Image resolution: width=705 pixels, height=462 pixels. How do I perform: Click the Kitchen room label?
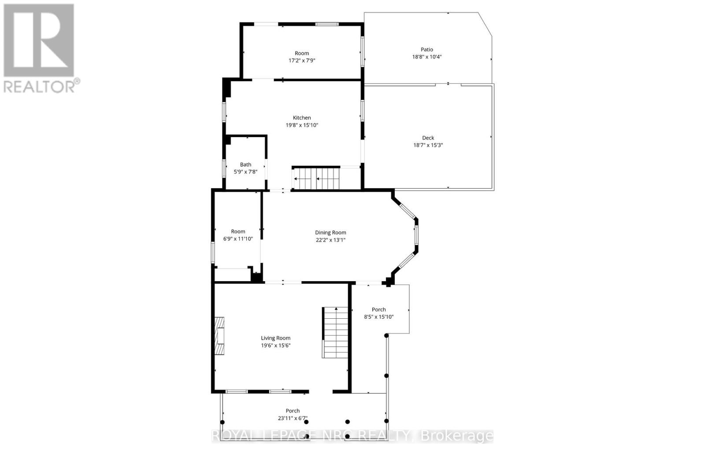[302, 118]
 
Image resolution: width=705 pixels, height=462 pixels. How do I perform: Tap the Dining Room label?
[330, 232]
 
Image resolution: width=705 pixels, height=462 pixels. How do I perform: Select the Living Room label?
[275, 338]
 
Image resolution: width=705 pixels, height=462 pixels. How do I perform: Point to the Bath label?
[245, 164]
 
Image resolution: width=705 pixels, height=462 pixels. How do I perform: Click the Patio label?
[427, 49]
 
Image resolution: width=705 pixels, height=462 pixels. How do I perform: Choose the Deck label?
[428, 138]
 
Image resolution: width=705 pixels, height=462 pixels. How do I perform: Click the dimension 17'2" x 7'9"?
[302, 61]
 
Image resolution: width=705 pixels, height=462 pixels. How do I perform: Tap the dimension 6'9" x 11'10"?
[238, 239]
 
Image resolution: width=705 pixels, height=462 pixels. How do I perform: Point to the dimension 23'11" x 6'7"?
[293, 418]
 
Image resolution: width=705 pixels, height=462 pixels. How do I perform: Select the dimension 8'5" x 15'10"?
[378, 317]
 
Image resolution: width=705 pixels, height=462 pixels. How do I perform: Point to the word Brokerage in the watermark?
[457, 436]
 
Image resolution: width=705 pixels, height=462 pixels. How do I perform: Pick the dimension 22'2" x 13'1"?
[330, 240]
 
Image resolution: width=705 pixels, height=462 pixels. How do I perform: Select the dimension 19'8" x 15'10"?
[302, 125]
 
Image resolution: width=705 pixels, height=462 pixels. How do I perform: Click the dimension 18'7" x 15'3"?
[428, 145]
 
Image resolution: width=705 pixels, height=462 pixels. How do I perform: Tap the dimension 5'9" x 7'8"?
[245, 172]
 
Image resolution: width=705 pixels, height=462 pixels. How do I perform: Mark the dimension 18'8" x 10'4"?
[427, 57]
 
